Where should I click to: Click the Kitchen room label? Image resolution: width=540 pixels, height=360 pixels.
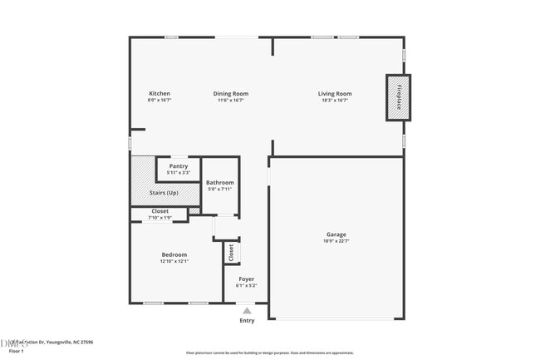point(160,93)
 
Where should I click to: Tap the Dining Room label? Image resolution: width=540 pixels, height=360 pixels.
point(230,93)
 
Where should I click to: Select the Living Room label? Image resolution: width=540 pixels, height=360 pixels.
point(335,93)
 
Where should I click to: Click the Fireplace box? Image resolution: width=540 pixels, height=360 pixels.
point(398,97)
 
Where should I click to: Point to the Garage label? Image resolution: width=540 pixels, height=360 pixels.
point(336,234)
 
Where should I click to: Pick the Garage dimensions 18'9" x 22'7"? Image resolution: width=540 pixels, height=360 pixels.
point(336,242)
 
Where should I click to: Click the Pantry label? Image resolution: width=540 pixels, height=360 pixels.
point(178,166)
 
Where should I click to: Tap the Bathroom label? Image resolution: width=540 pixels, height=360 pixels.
point(220,182)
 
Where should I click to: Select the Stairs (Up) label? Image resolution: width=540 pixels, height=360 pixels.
point(164,193)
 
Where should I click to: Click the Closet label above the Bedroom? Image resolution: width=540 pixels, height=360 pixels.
point(160,211)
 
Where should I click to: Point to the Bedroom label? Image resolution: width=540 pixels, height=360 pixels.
point(174,254)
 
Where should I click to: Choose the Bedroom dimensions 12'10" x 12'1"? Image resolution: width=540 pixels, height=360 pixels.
point(174,261)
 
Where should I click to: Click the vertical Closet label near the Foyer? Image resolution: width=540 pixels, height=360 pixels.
point(231,251)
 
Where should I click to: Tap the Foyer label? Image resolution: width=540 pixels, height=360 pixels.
point(247,279)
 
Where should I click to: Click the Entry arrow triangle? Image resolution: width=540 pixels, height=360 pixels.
point(247,310)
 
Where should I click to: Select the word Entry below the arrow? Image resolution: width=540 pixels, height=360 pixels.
point(247,320)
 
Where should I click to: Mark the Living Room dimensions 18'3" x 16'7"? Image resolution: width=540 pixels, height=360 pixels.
point(335,101)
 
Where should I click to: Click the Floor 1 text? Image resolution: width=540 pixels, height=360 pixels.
point(17,351)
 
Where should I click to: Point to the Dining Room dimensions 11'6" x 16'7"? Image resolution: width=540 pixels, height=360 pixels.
point(230,101)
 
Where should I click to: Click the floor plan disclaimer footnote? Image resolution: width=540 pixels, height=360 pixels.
point(269,353)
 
